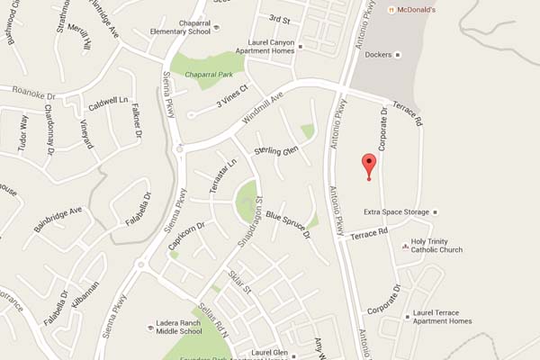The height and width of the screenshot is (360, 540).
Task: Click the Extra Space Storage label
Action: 396,212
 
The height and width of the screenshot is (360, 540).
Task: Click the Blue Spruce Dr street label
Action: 287,220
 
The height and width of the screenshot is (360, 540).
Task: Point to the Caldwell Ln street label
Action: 109,103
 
